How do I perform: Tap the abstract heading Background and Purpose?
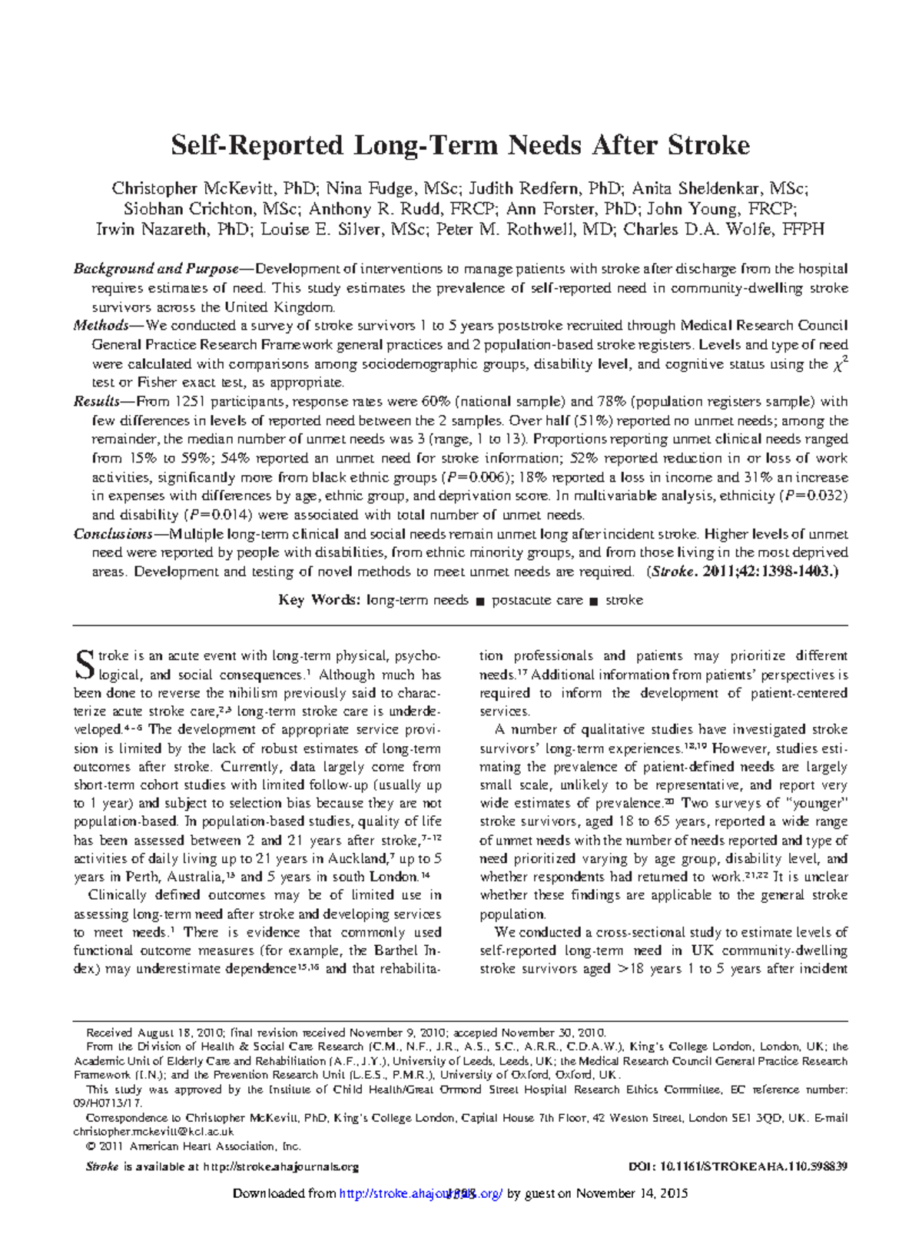click(156, 269)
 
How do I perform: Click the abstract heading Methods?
click(101, 325)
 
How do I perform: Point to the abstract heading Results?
click(96, 401)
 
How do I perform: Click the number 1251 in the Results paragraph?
click(192, 401)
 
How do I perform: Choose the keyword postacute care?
click(537, 600)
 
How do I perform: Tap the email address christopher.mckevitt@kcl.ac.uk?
click(153, 1132)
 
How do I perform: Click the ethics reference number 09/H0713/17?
click(108, 1103)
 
